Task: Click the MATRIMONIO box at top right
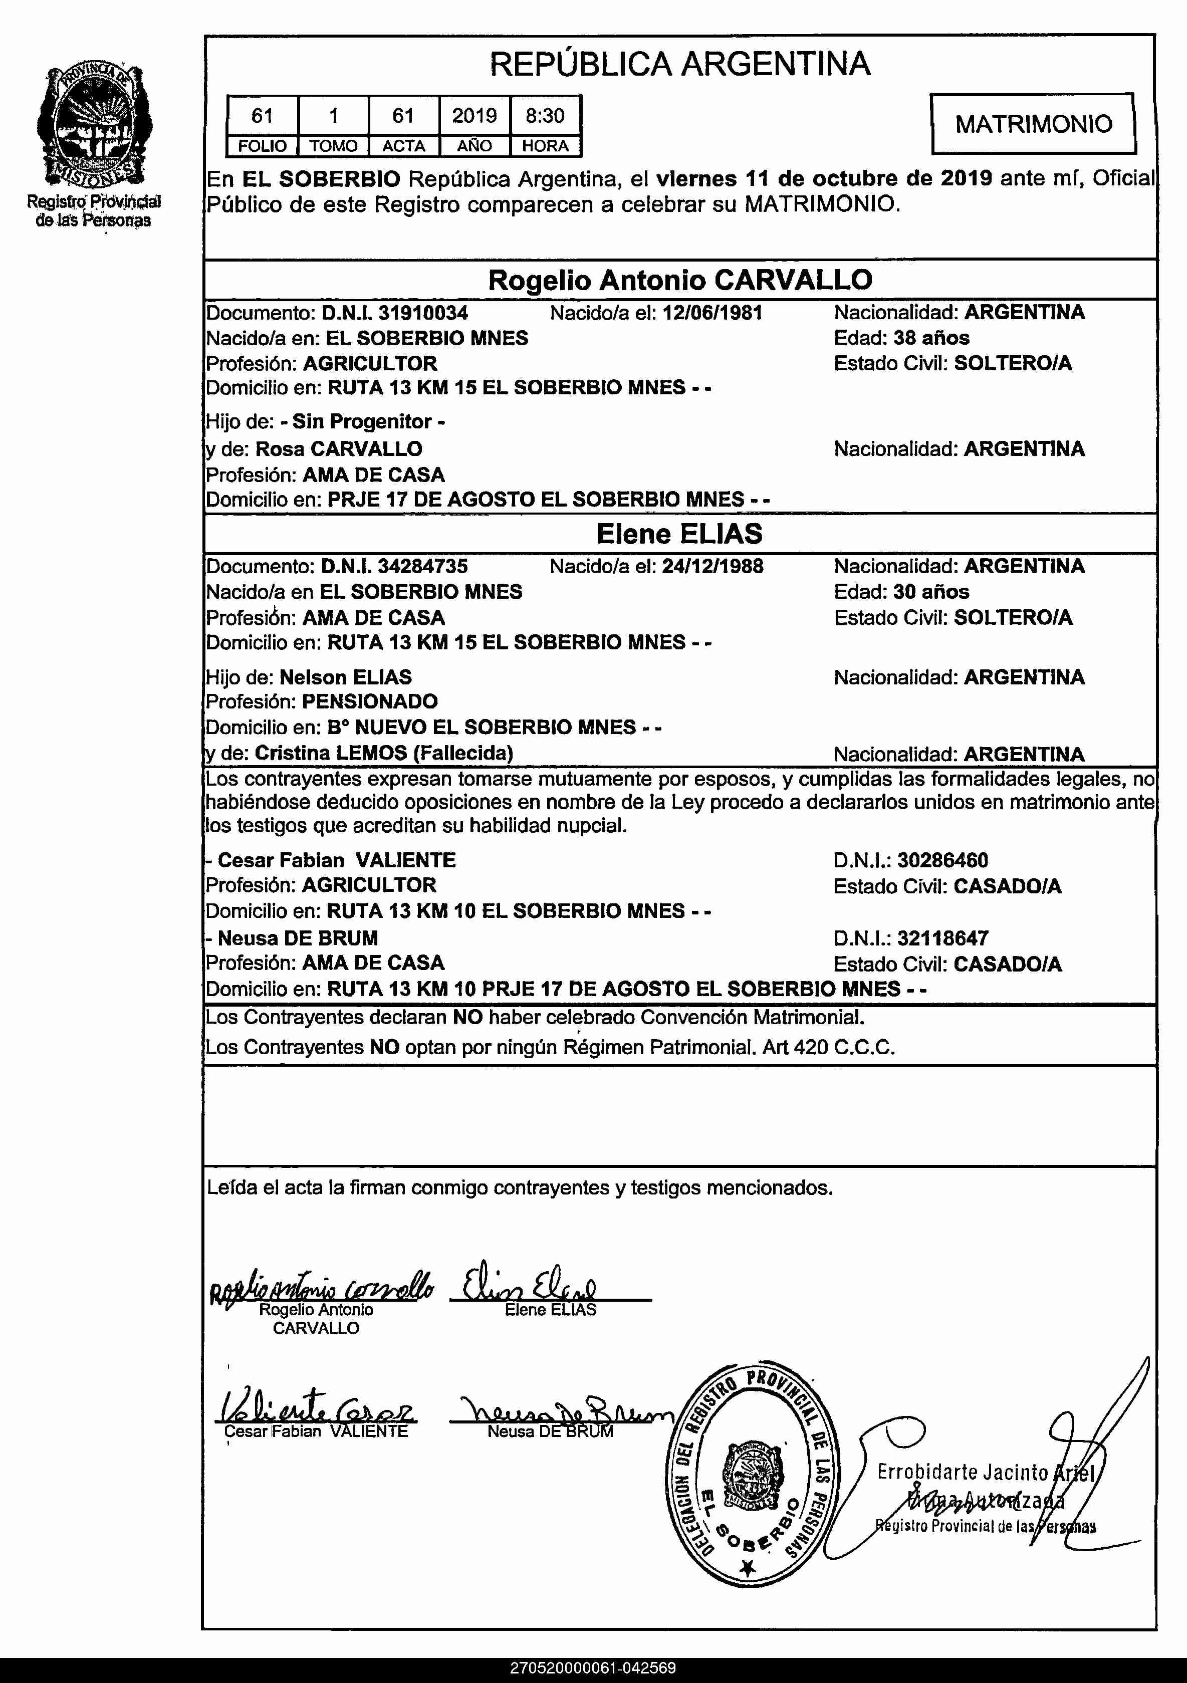pos(1033,123)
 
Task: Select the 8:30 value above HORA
pos(545,115)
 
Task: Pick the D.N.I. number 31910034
pos(422,313)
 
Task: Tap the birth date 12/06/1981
pos(712,313)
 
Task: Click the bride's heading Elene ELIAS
pos(679,534)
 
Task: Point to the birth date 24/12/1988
pos(712,566)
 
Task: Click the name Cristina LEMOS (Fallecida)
pos(383,753)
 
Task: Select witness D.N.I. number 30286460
pos(942,860)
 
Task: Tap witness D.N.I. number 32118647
pos(942,938)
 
